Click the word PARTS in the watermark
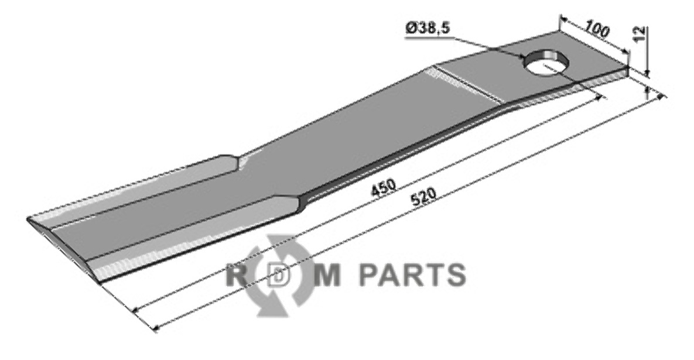click(x=412, y=275)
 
